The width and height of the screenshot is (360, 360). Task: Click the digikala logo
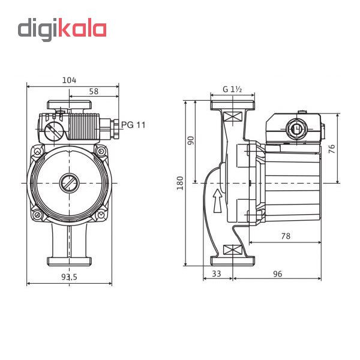[62, 29]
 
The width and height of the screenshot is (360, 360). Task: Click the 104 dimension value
[69, 80]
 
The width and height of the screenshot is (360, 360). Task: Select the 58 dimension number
[94, 91]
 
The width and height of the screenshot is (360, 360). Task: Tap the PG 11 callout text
[133, 125]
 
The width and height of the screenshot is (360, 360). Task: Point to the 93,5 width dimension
[69, 277]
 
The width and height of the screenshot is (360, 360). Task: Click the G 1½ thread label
[232, 89]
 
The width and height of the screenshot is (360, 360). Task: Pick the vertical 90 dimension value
[191, 140]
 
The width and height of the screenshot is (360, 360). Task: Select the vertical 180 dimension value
[180, 183]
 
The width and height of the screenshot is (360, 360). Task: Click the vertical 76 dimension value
[332, 149]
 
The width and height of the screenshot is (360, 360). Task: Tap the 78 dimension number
[286, 236]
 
